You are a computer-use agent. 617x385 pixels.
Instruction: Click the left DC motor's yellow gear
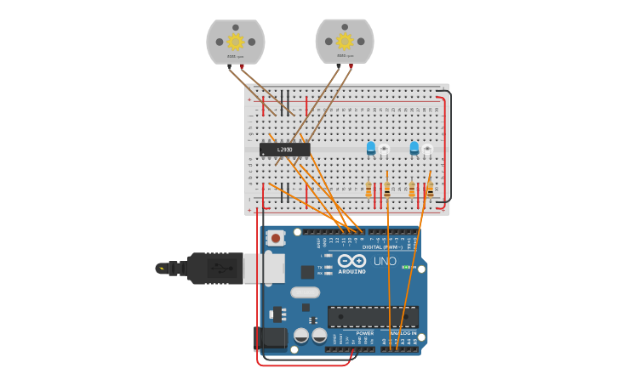236,42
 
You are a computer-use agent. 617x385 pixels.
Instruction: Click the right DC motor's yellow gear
345,41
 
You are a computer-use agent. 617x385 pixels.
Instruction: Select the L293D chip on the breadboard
284,150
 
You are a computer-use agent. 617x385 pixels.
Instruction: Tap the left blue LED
371,148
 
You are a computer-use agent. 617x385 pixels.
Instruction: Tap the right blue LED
414,148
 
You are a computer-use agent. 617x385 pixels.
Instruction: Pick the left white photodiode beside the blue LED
384,150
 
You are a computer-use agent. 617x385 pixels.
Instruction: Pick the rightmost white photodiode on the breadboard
427,150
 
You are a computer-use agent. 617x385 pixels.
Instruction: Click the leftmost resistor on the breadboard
368,190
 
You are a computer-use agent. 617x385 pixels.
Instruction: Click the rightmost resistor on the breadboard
430,190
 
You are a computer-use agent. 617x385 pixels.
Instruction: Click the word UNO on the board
385,262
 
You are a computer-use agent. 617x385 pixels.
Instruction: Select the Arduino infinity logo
351,261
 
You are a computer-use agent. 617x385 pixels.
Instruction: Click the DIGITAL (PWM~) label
382,247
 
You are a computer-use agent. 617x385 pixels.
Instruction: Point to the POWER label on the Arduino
364,333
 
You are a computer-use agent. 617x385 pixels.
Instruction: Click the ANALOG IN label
403,333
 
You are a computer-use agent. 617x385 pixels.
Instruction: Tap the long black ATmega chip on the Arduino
373,316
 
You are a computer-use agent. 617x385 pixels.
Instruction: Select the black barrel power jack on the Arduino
270,338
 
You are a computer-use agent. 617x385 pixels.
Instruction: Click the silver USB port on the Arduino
264,268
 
